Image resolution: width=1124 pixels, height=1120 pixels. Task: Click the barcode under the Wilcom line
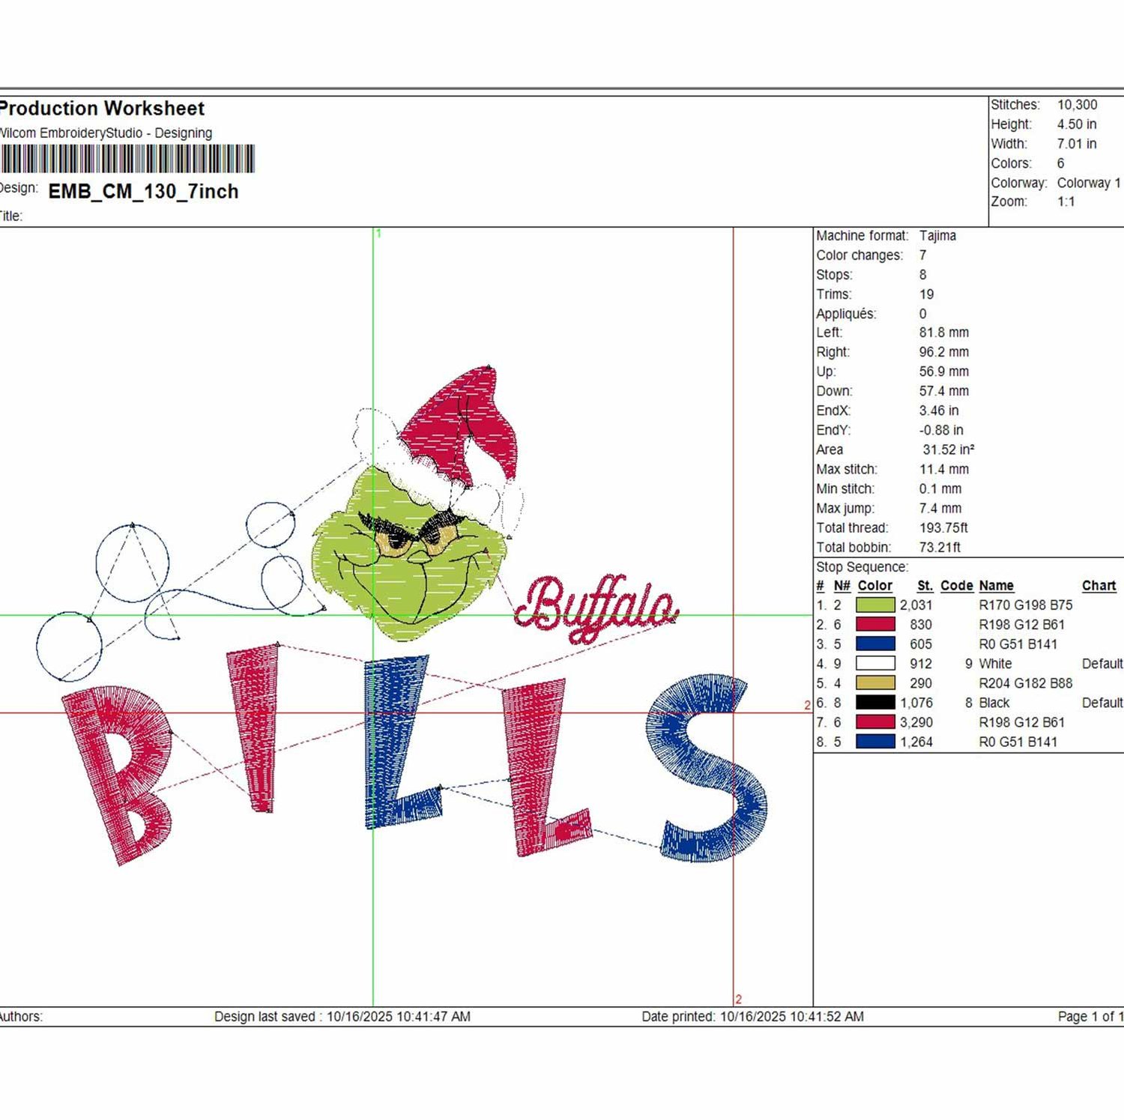[127, 159]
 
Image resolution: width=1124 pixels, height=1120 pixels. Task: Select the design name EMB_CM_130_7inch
[143, 192]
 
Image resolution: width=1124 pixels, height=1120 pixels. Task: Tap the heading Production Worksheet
[102, 109]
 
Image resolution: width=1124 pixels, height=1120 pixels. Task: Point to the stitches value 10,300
[1077, 105]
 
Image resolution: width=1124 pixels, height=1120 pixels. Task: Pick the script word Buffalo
[596, 607]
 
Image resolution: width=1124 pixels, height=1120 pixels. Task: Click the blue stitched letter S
[707, 769]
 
